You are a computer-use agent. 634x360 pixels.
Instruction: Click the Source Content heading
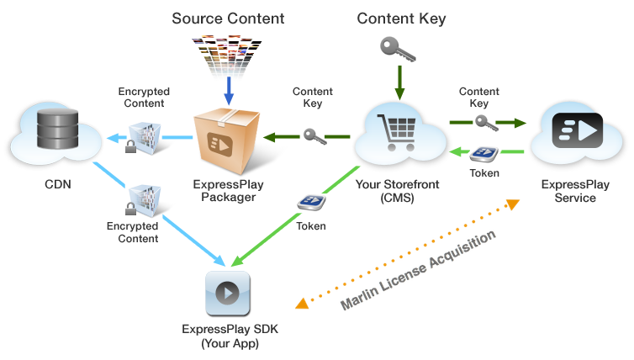pyautogui.click(x=227, y=18)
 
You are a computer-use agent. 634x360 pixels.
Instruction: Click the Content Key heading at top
pyautogui.click(x=401, y=18)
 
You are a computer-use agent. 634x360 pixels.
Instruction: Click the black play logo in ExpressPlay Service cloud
pyautogui.click(x=577, y=130)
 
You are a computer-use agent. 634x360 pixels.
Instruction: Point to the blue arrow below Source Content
pyautogui.click(x=228, y=91)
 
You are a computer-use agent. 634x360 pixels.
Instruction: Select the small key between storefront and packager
pyautogui.click(x=314, y=135)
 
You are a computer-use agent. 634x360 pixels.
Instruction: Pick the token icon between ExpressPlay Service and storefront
pyautogui.click(x=483, y=154)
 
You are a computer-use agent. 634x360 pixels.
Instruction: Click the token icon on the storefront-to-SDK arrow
pyautogui.click(x=310, y=202)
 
